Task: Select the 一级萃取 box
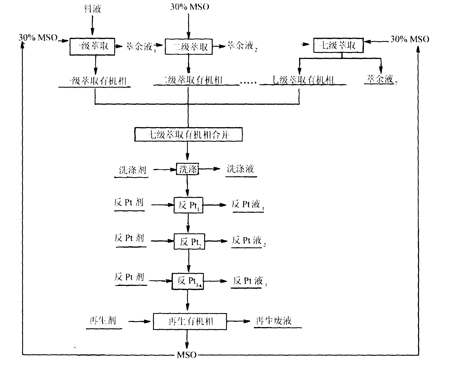[92, 46]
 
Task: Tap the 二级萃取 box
[189, 46]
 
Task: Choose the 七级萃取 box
[338, 45]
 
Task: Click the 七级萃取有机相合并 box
[188, 135]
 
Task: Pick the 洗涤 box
[187, 169]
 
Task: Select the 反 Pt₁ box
[188, 205]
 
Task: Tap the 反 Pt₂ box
[189, 241]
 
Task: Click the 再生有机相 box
[190, 321]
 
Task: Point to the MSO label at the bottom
[187, 355]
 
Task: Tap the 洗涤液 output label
[241, 169]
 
